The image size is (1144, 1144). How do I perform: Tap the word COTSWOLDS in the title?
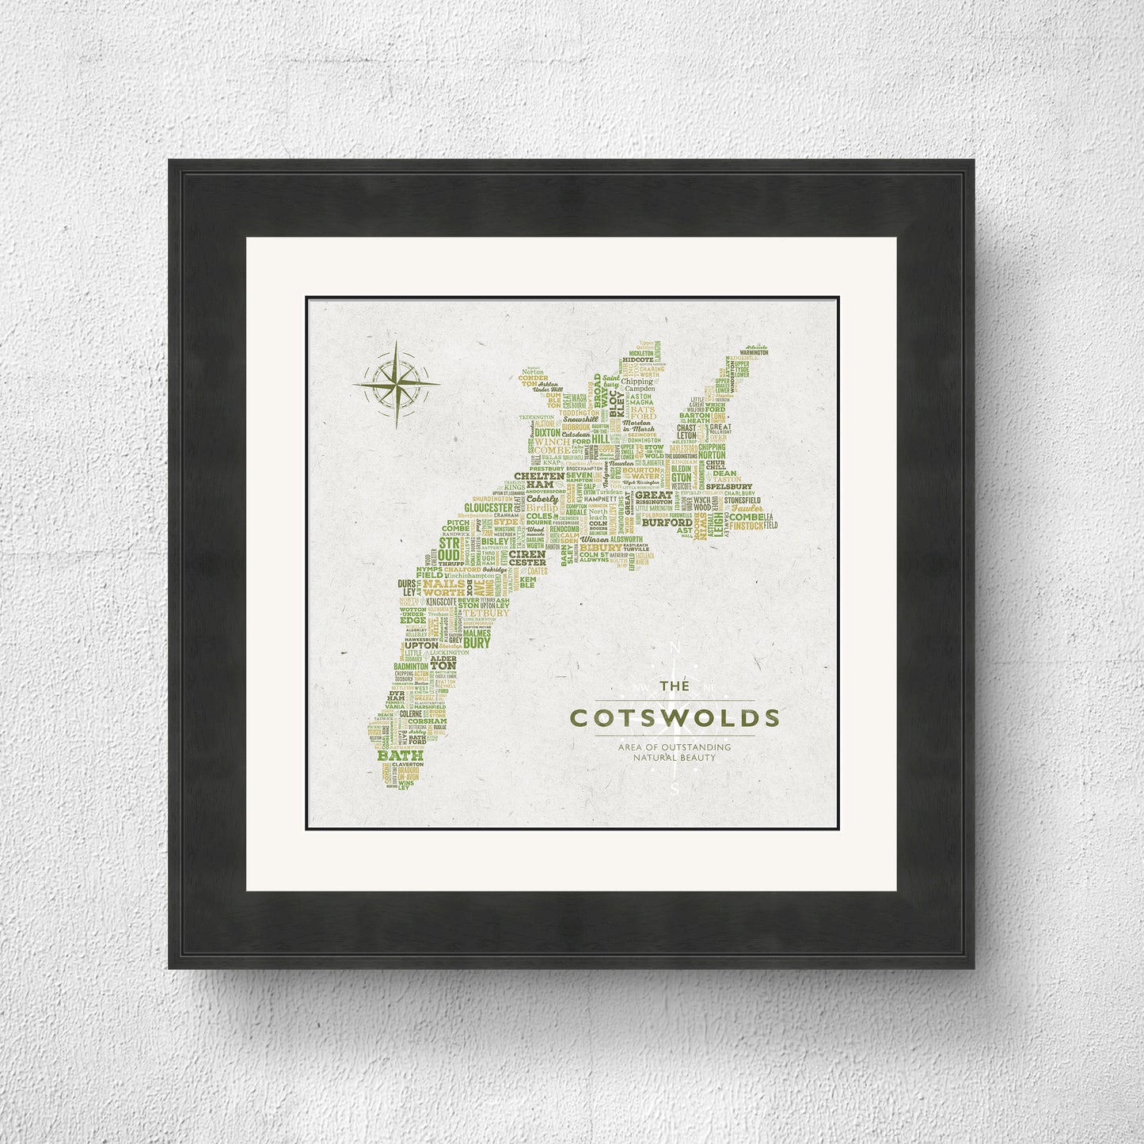click(x=675, y=719)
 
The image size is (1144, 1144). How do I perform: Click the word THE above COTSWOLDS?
click(x=675, y=689)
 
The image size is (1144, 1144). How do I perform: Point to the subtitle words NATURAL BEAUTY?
click(x=674, y=758)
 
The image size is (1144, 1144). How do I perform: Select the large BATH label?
click(x=401, y=755)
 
